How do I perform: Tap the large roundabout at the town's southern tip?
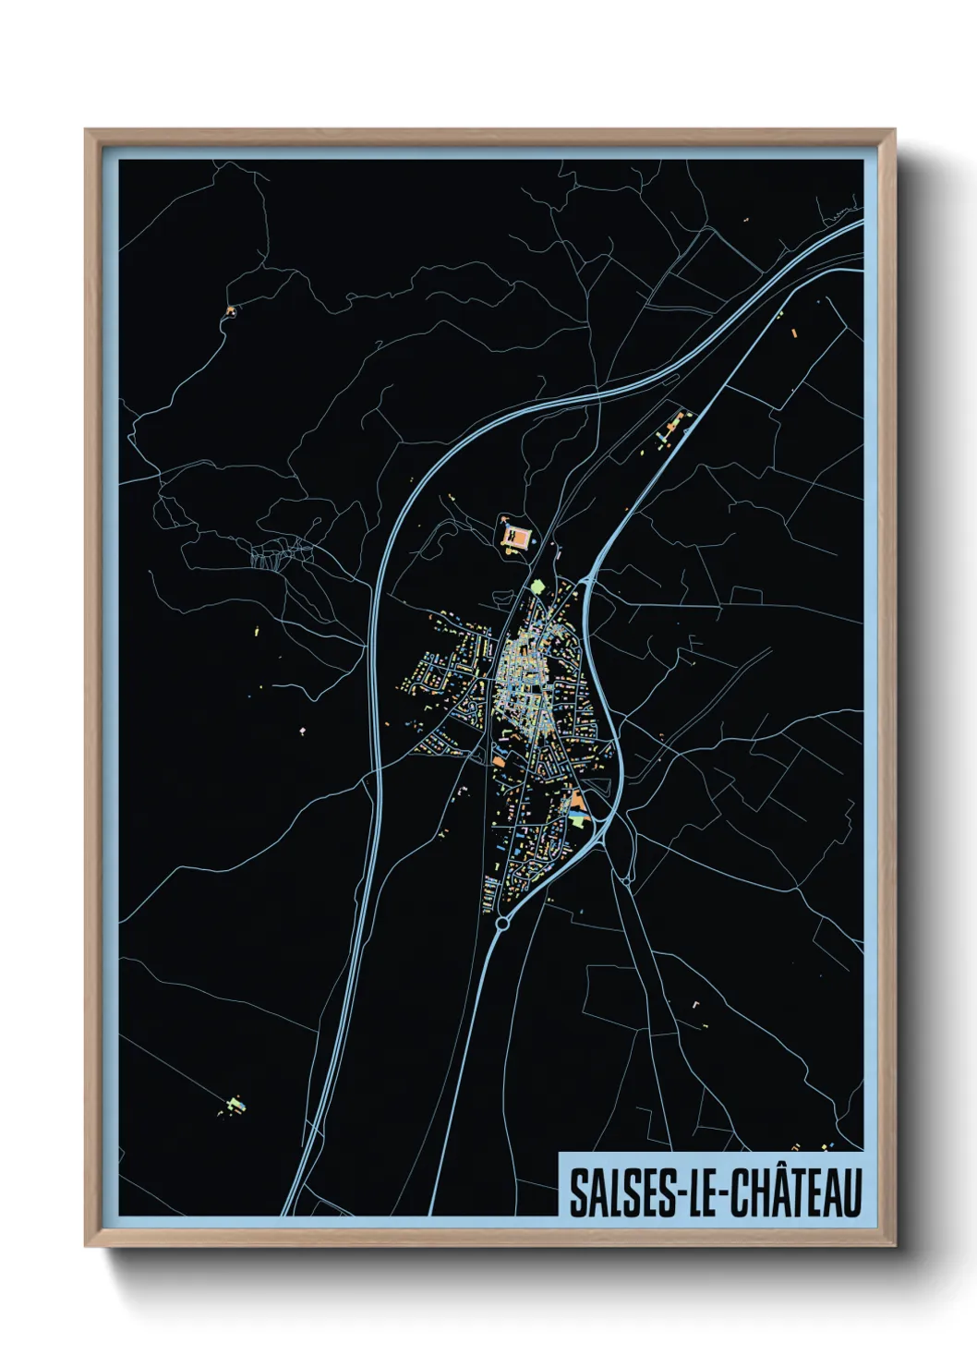pyautogui.click(x=503, y=923)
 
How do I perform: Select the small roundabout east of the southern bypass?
pyautogui.click(x=627, y=882)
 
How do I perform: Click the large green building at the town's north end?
pyautogui.click(x=537, y=586)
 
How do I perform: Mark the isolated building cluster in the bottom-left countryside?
pyautogui.click(x=236, y=1104)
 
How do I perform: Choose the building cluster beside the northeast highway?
pyautogui.click(x=671, y=428)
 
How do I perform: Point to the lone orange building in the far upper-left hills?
pyautogui.click(x=230, y=310)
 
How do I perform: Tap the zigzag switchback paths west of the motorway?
pyautogui.click(x=282, y=554)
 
